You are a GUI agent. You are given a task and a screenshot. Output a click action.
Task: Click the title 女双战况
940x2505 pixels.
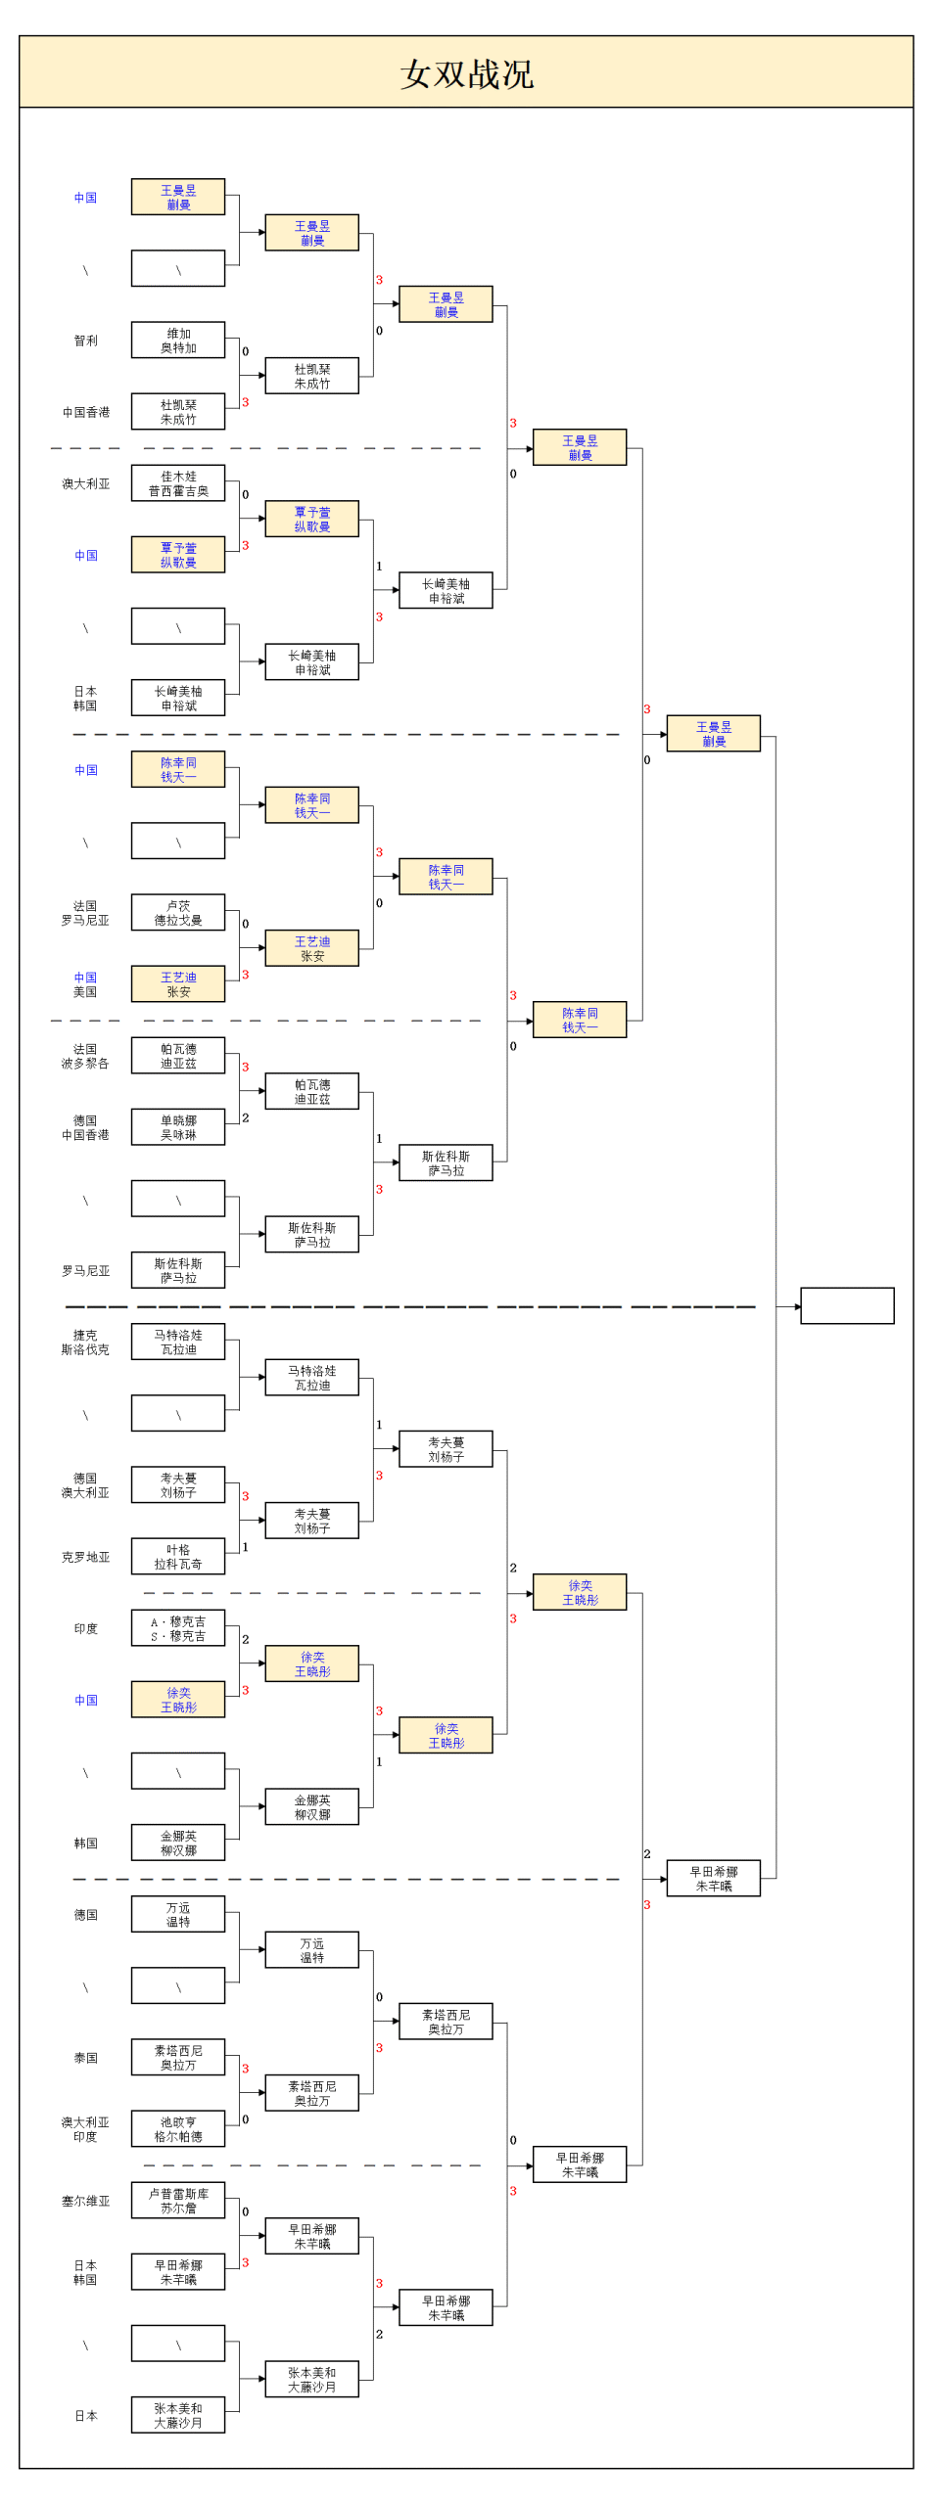point(467,74)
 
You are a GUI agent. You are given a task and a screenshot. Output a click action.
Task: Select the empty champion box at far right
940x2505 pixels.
point(847,1305)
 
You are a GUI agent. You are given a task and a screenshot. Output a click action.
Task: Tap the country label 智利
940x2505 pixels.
point(86,341)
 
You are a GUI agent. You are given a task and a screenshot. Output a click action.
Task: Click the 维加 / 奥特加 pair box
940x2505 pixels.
point(178,341)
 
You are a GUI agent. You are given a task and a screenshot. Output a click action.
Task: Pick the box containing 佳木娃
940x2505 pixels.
point(178,483)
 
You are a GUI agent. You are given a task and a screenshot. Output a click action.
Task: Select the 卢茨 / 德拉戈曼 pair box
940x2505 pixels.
point(178,913)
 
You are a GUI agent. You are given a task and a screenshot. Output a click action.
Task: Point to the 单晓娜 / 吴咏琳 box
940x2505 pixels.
point(178,1127)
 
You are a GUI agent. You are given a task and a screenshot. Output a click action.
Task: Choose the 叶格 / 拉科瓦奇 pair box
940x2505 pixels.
point(178,1557)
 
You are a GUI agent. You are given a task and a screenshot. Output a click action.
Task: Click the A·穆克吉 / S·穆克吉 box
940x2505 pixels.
point(178,1628)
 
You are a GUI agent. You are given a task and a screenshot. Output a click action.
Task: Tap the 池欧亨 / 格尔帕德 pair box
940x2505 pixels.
point(178,2129)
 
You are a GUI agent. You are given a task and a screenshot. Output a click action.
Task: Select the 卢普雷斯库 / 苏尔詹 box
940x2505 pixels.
point(178,2201)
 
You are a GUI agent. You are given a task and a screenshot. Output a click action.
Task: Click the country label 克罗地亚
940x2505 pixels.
point(86,1557)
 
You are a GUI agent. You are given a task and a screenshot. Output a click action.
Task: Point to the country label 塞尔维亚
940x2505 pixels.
point(86,2201)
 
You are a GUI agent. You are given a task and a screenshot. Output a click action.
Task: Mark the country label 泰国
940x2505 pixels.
point(86,2058)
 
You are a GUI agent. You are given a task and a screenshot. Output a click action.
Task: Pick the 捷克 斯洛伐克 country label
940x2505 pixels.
point(86,1342)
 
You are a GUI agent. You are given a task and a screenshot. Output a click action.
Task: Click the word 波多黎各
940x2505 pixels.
point(86,1064)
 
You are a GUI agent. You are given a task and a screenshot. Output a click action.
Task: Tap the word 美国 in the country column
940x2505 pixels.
point(86,992)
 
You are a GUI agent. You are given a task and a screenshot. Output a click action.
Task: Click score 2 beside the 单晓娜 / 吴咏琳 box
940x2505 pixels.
point(246,1117)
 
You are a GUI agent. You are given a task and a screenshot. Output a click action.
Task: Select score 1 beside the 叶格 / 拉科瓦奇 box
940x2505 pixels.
point(246,1547)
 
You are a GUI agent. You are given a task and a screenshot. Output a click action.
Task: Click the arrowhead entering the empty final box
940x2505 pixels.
point(797,1306)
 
